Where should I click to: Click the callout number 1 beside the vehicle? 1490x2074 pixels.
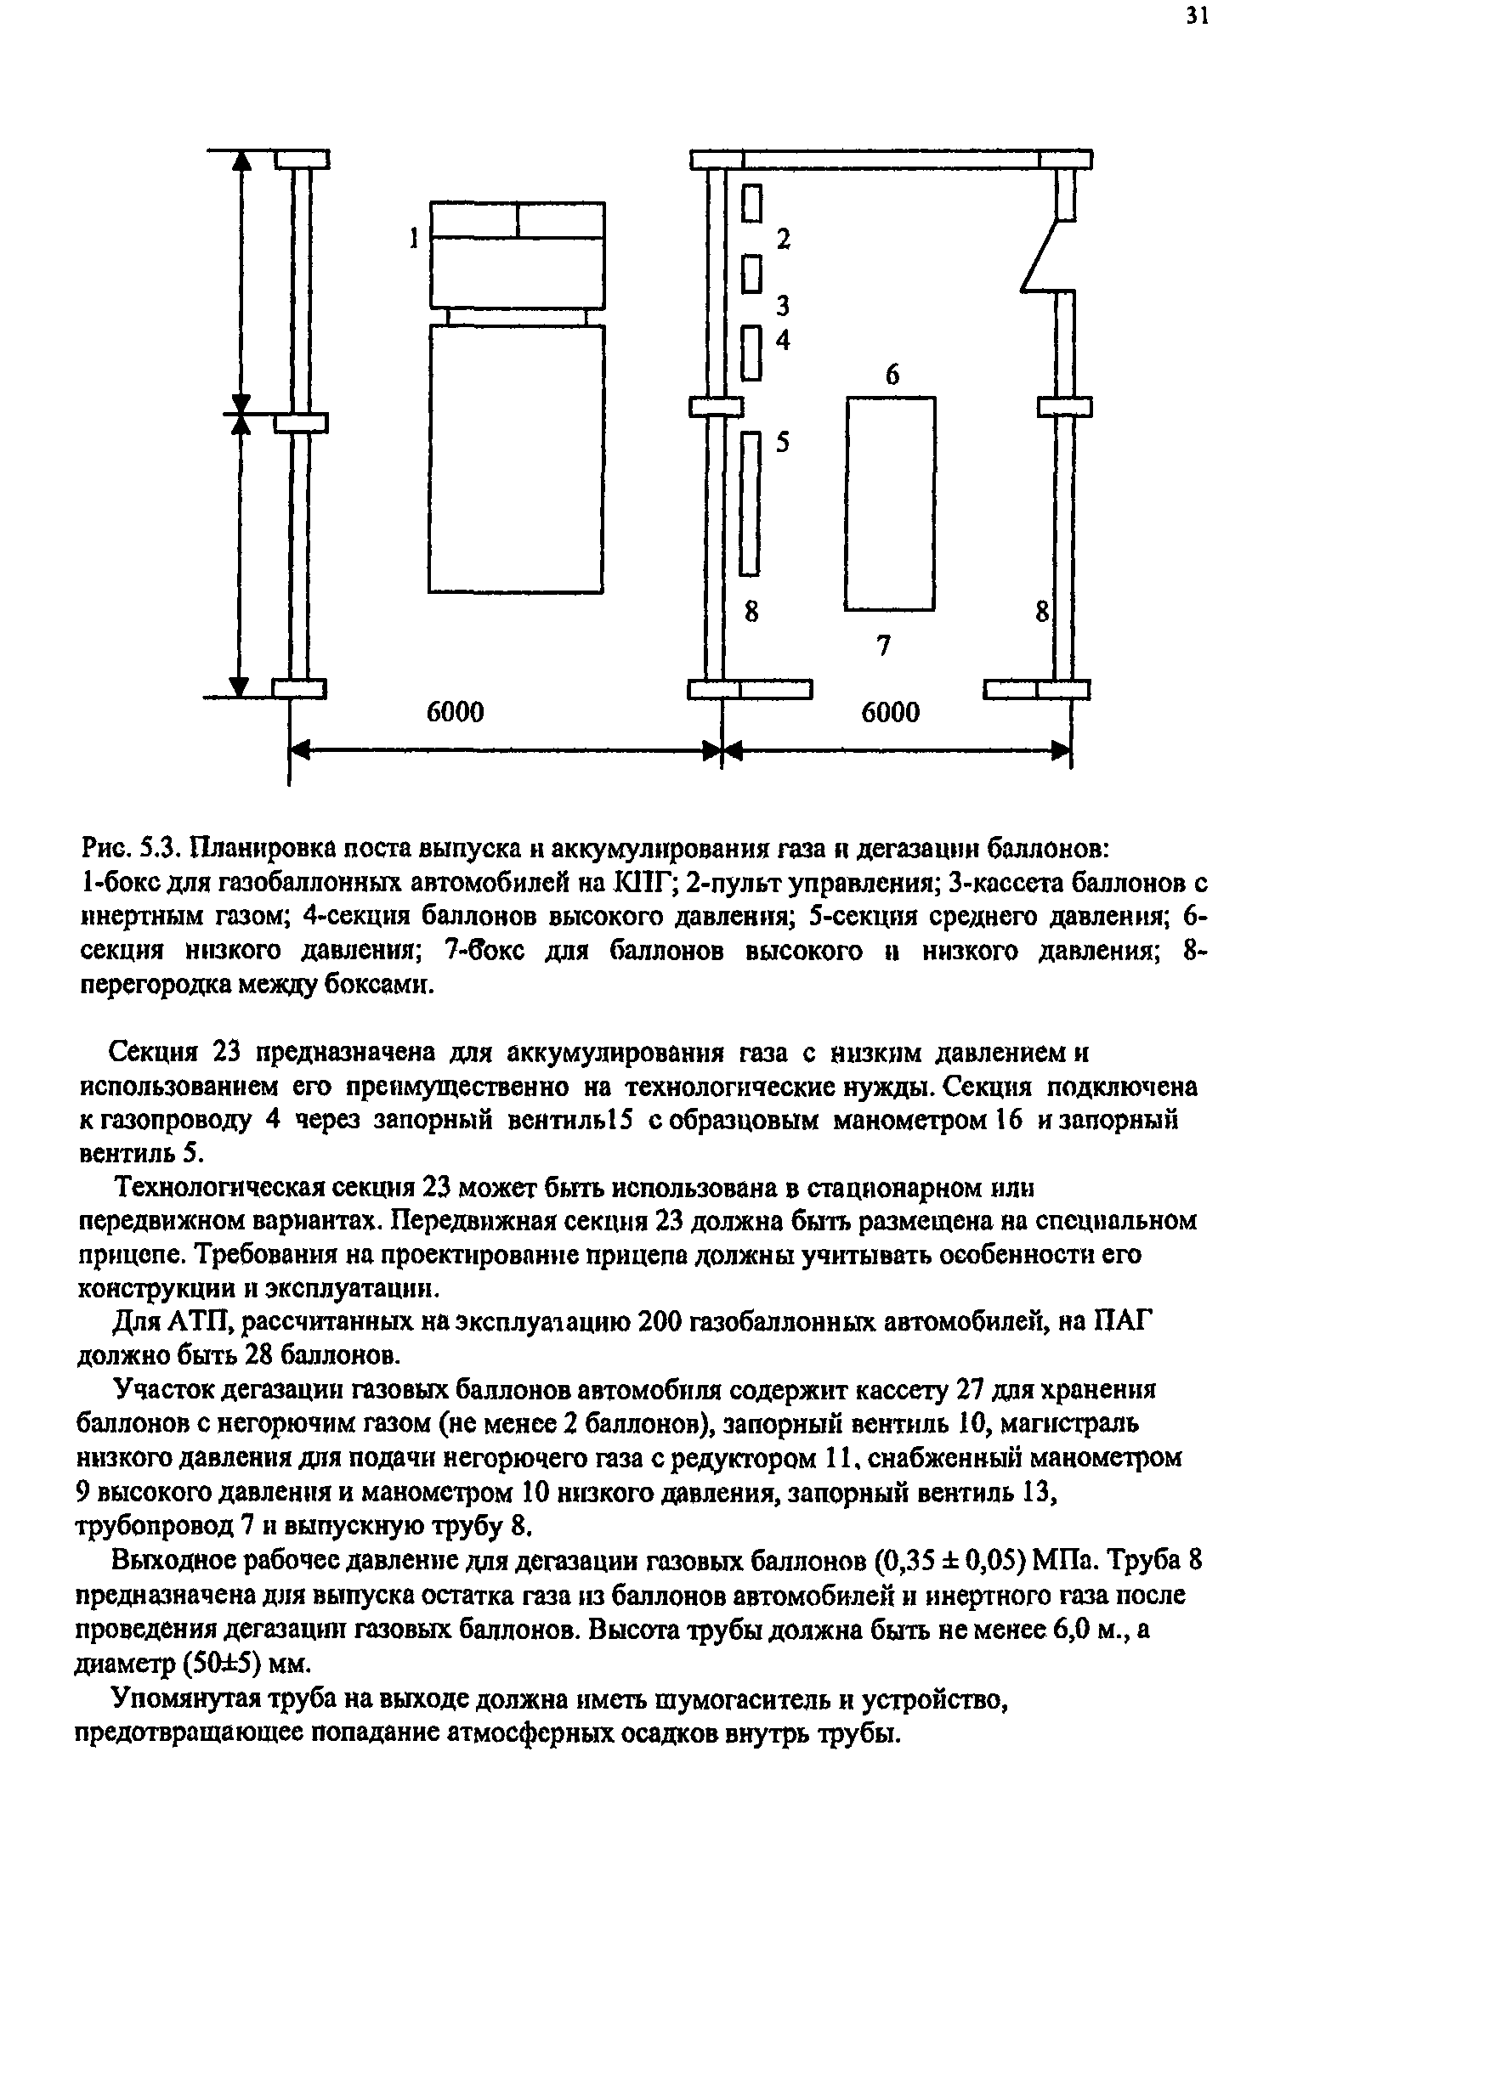pos(413,239)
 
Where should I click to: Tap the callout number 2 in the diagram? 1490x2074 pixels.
pos(783,240)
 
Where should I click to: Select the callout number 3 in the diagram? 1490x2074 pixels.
pos(783,305)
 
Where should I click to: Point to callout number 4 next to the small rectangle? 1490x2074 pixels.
pos(783,340)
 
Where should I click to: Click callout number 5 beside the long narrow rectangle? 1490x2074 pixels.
pos(783,443)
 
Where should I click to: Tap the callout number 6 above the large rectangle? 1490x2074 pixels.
pos(892,374)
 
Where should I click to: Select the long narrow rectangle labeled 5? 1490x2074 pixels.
pos(750,504)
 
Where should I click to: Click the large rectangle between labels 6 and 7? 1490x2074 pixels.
pos(890,503)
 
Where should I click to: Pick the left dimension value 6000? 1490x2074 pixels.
pos(455,711)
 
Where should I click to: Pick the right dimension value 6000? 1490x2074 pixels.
pos(890,711)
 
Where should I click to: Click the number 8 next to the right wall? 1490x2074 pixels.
pos(1041,612)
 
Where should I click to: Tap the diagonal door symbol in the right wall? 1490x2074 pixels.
pos(1042,256)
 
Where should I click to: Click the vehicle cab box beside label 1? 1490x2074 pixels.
pos(517,254)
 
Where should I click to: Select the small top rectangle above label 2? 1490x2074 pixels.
pos(752,203)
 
